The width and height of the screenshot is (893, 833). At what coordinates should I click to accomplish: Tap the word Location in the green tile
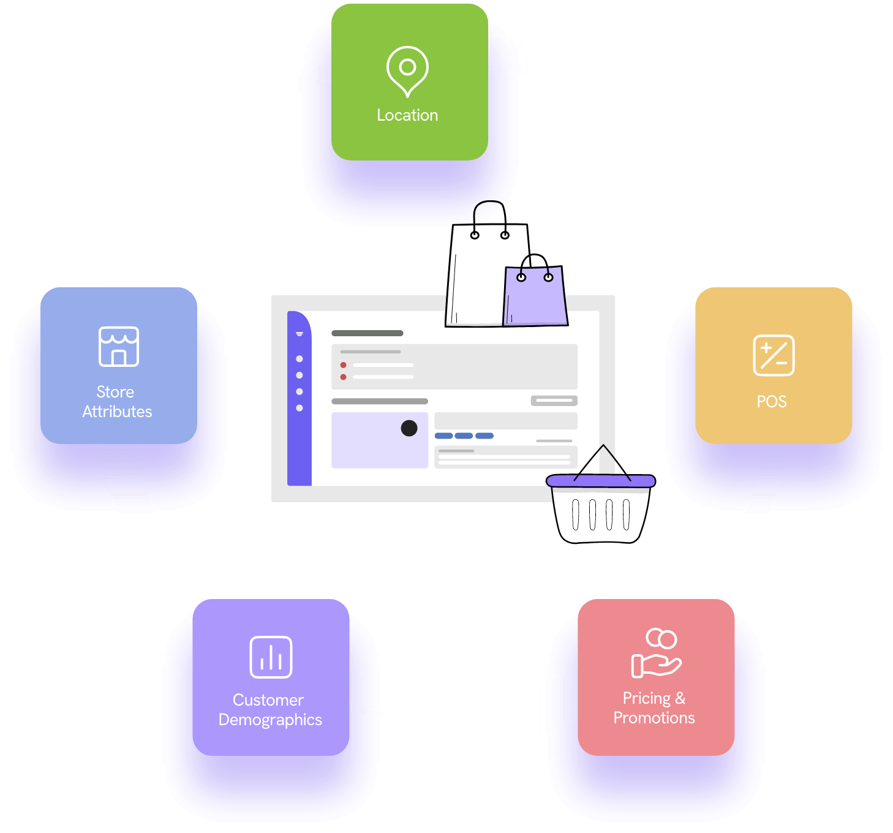407,115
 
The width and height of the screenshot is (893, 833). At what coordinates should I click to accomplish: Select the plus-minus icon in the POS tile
774,355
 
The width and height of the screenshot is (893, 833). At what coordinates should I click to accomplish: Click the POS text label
772,402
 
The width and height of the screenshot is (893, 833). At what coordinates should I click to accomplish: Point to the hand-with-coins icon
655,653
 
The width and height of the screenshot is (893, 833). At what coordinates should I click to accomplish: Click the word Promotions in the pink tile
654,718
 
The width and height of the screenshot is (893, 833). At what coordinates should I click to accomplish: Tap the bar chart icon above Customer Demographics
271,657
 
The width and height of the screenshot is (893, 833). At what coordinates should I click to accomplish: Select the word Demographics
270,720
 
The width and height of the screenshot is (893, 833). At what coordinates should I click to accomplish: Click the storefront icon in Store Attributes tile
119,347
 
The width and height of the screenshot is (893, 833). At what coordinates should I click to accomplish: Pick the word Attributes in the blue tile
117,412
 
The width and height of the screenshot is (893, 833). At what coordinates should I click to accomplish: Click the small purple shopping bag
535,295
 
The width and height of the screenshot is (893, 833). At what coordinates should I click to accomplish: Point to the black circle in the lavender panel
409,428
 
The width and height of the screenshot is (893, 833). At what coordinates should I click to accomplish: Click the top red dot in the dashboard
343,365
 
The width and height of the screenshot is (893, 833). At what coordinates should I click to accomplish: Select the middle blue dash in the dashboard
464,436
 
